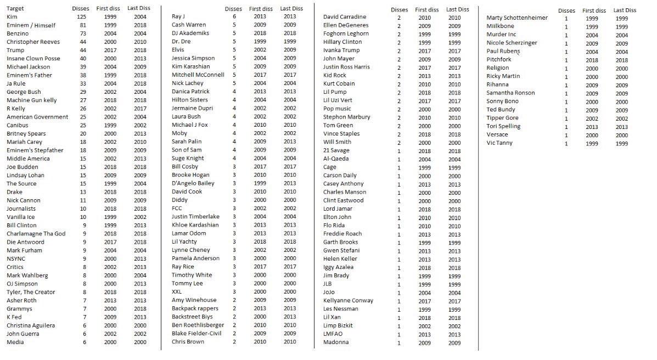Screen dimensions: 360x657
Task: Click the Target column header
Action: [15, 9]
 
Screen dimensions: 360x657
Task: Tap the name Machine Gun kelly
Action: [32, 100]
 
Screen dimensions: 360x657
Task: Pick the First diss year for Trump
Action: [110, 50]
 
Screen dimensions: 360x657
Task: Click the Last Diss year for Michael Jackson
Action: [140, 67]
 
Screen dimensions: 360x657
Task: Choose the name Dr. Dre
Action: [181, 42]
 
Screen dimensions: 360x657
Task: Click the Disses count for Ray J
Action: [234, 16]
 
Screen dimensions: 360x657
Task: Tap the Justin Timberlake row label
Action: [195, 217]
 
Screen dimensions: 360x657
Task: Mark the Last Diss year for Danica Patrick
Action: [289, 92]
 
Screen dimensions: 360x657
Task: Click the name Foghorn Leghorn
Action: [346, 34]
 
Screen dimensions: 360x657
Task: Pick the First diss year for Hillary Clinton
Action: [424, 42]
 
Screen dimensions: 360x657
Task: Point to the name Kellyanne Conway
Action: [348, 301]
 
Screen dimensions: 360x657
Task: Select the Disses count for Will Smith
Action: [399, 143]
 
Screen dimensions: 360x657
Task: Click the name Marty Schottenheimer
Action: [517, 18]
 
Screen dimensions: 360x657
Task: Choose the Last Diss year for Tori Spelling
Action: [621, 127]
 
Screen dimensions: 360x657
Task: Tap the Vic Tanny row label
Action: [499, 143]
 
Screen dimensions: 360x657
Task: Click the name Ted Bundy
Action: [501, 110]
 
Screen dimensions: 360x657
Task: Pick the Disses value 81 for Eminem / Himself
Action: [83, 25]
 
